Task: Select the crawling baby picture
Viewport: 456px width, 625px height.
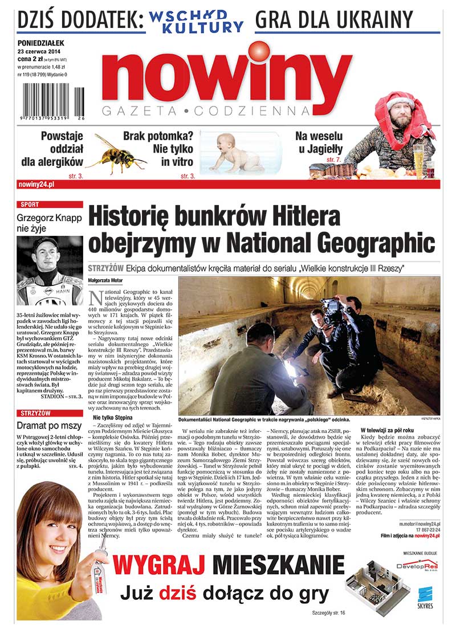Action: (237, 154)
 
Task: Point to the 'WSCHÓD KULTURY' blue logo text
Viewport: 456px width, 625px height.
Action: (197, 21)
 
